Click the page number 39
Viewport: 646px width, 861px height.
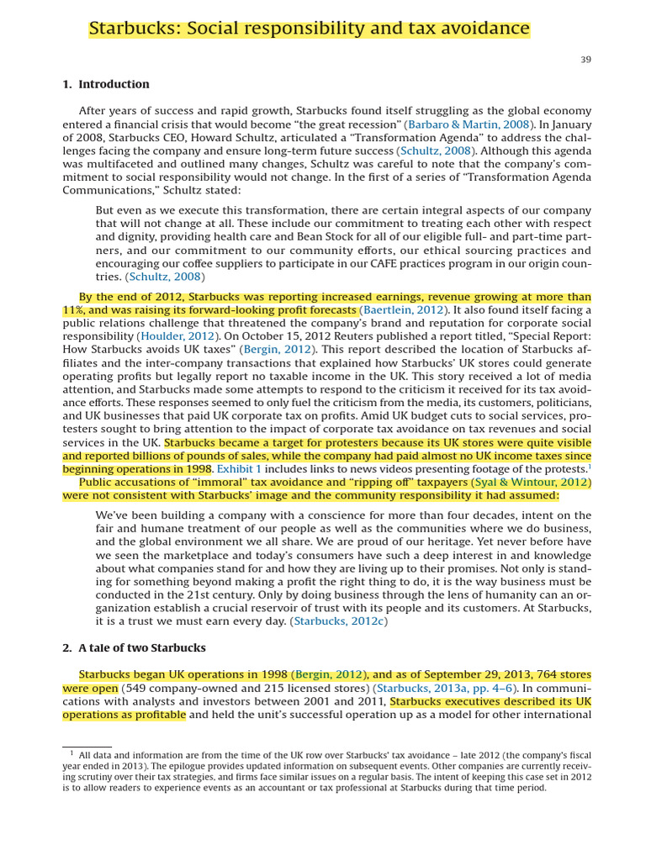(585, 60)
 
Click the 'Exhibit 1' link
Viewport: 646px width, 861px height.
(240, 468)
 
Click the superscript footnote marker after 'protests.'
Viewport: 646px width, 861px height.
(589, 466)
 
